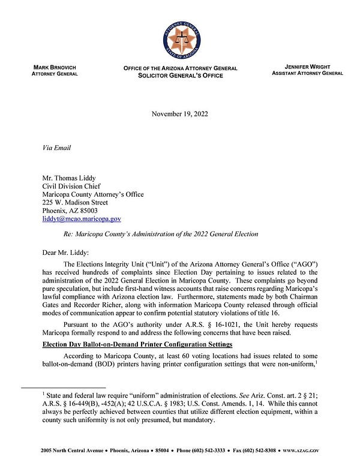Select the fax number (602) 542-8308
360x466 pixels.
(x=268, y=450)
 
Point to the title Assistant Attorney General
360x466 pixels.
(x=307, y=73)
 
